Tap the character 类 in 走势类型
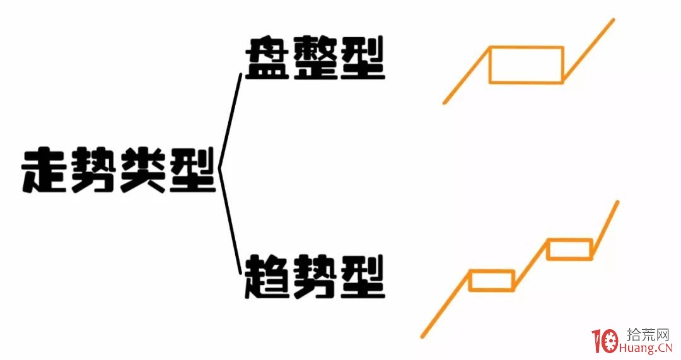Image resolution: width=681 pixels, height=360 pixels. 143,171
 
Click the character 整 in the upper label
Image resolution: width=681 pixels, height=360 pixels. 315,58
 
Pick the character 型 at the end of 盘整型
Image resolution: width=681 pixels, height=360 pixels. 363,58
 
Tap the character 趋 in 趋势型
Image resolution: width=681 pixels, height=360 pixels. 267,277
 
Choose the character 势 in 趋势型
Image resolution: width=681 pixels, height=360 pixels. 315,277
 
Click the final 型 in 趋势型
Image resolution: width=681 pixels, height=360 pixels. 363,277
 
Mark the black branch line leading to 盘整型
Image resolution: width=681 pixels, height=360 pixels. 230,122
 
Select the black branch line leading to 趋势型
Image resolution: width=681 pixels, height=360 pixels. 230,221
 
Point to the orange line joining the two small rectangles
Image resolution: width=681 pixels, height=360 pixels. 530,264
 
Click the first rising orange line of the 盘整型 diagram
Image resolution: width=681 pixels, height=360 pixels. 467,74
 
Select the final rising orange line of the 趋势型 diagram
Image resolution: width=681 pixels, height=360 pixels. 604,229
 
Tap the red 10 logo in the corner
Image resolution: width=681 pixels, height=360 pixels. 605,342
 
